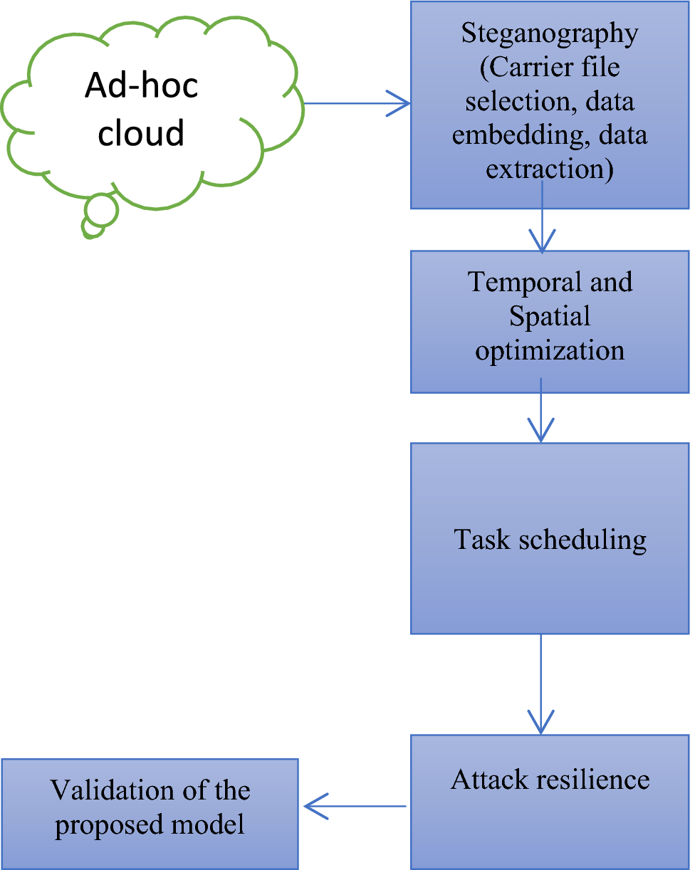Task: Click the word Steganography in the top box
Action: click(x=550, y=33)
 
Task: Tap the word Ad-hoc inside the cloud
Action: click(x=141, y=86)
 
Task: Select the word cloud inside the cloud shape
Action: click(x=141, y=132)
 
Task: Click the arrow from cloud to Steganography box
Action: click(x=356, y=103)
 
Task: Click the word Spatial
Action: click(x=550, y=316)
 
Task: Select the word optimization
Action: click(x=550, y=350)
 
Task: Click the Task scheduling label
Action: click(x=550, y=539)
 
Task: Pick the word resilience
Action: click(x=585, y=780)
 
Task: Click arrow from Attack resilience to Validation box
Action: click(x=355, y=807)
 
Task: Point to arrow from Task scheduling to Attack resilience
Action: click(x=541, y=683)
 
